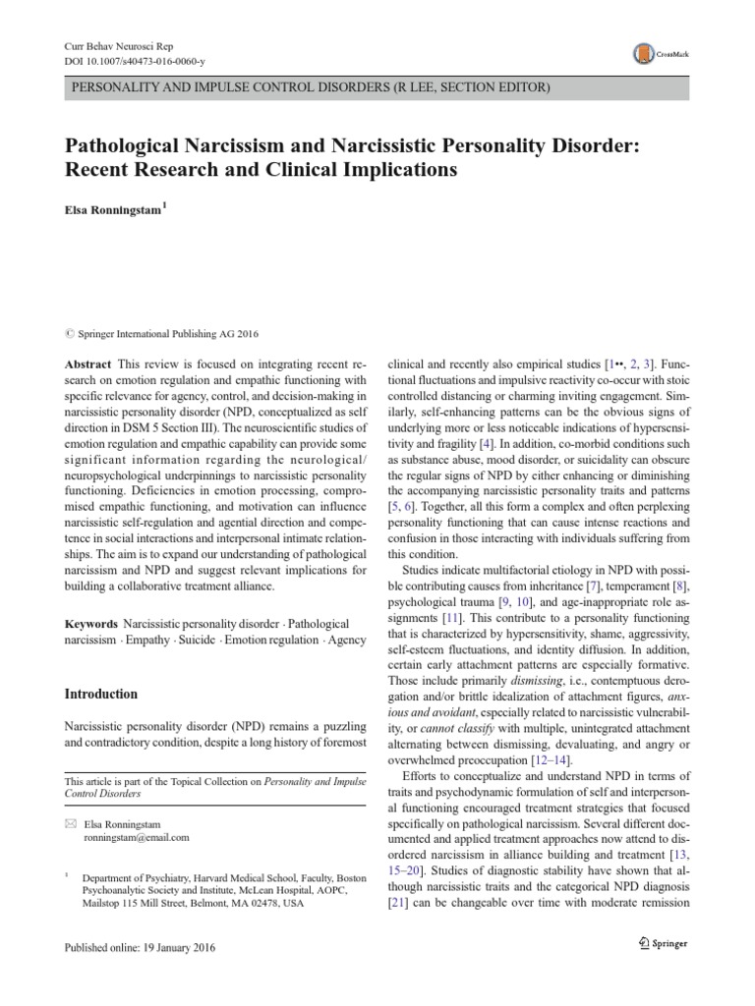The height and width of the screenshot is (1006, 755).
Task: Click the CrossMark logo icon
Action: point(646,52)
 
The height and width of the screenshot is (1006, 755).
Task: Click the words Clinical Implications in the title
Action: point(352,169)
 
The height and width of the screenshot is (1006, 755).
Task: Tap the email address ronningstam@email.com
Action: point(138,838)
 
